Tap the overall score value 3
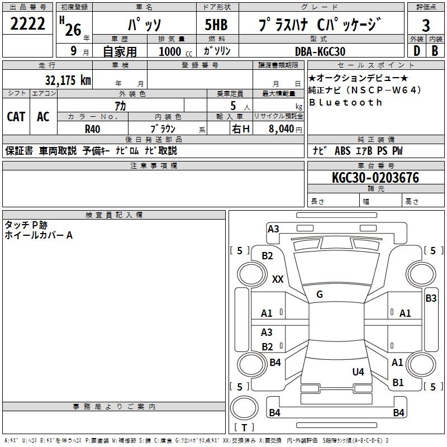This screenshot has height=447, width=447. click(426, 26)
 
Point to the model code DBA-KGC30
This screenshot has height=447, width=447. click(320, 51)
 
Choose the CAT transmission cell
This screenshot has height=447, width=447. click(16, 117)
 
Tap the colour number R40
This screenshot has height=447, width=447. click(92, 129)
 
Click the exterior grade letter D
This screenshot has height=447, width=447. click(416, 51)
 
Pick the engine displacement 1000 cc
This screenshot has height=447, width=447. click(174, 51)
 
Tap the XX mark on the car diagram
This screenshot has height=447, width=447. click(278, 279)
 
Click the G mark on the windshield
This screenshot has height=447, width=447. click(320, 294)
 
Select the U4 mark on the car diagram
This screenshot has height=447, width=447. click(358, 372)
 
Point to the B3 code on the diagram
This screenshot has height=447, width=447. click(431, 298)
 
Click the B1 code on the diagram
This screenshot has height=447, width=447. click(398, 383)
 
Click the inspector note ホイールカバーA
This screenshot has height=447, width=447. click(39, 235)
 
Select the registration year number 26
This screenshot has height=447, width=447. click(73, 29)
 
